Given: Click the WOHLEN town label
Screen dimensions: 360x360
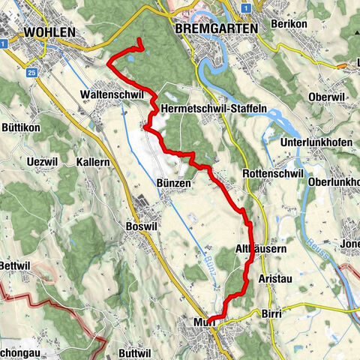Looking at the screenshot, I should coord(49,32).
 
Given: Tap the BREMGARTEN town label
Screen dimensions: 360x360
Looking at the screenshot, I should coord(214,28).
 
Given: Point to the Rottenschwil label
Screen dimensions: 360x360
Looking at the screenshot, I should coord(273,173).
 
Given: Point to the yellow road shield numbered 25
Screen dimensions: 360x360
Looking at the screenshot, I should coord(31,72).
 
